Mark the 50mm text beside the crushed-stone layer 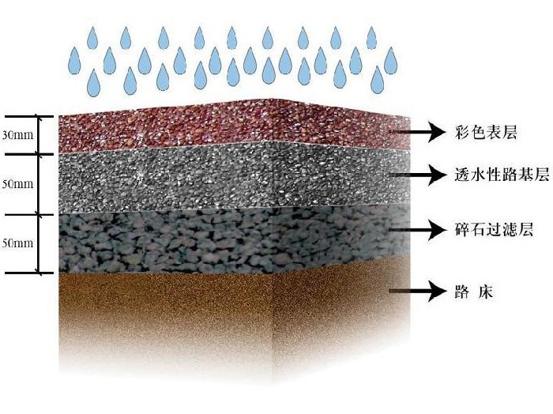point(17,243)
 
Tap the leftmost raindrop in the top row point(93,35)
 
